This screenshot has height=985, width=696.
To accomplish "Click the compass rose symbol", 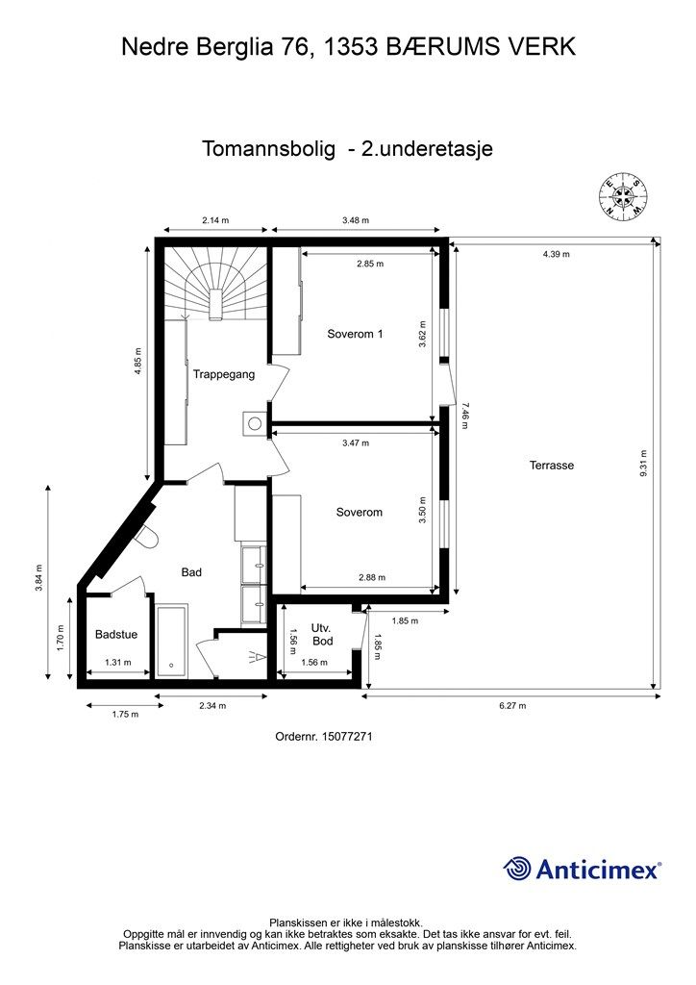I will [623, 197].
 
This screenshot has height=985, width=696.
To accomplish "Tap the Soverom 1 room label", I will [355, 335].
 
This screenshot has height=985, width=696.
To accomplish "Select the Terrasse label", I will [551, 466].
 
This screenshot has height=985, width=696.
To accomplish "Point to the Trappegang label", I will [223, 374].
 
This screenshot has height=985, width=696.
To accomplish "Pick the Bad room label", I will [191, 572].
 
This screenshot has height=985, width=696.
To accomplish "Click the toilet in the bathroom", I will [146, 538].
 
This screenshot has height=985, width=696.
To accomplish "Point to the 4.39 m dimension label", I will [556, 255].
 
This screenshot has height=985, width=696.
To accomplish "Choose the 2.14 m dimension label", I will [215, 220].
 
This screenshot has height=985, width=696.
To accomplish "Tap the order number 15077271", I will [323, 737].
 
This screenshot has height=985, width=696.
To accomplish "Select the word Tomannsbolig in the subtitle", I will [268, 149].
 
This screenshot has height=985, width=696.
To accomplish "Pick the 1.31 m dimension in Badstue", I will [116, 662].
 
